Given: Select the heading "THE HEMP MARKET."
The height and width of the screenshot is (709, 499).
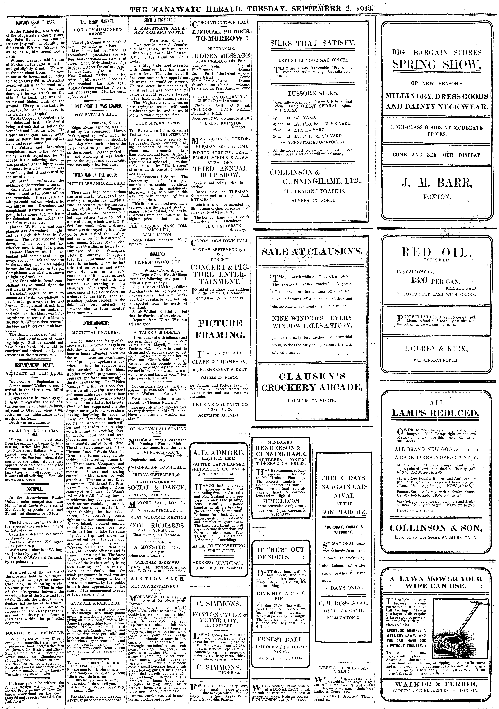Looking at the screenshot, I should pos(97,22).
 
